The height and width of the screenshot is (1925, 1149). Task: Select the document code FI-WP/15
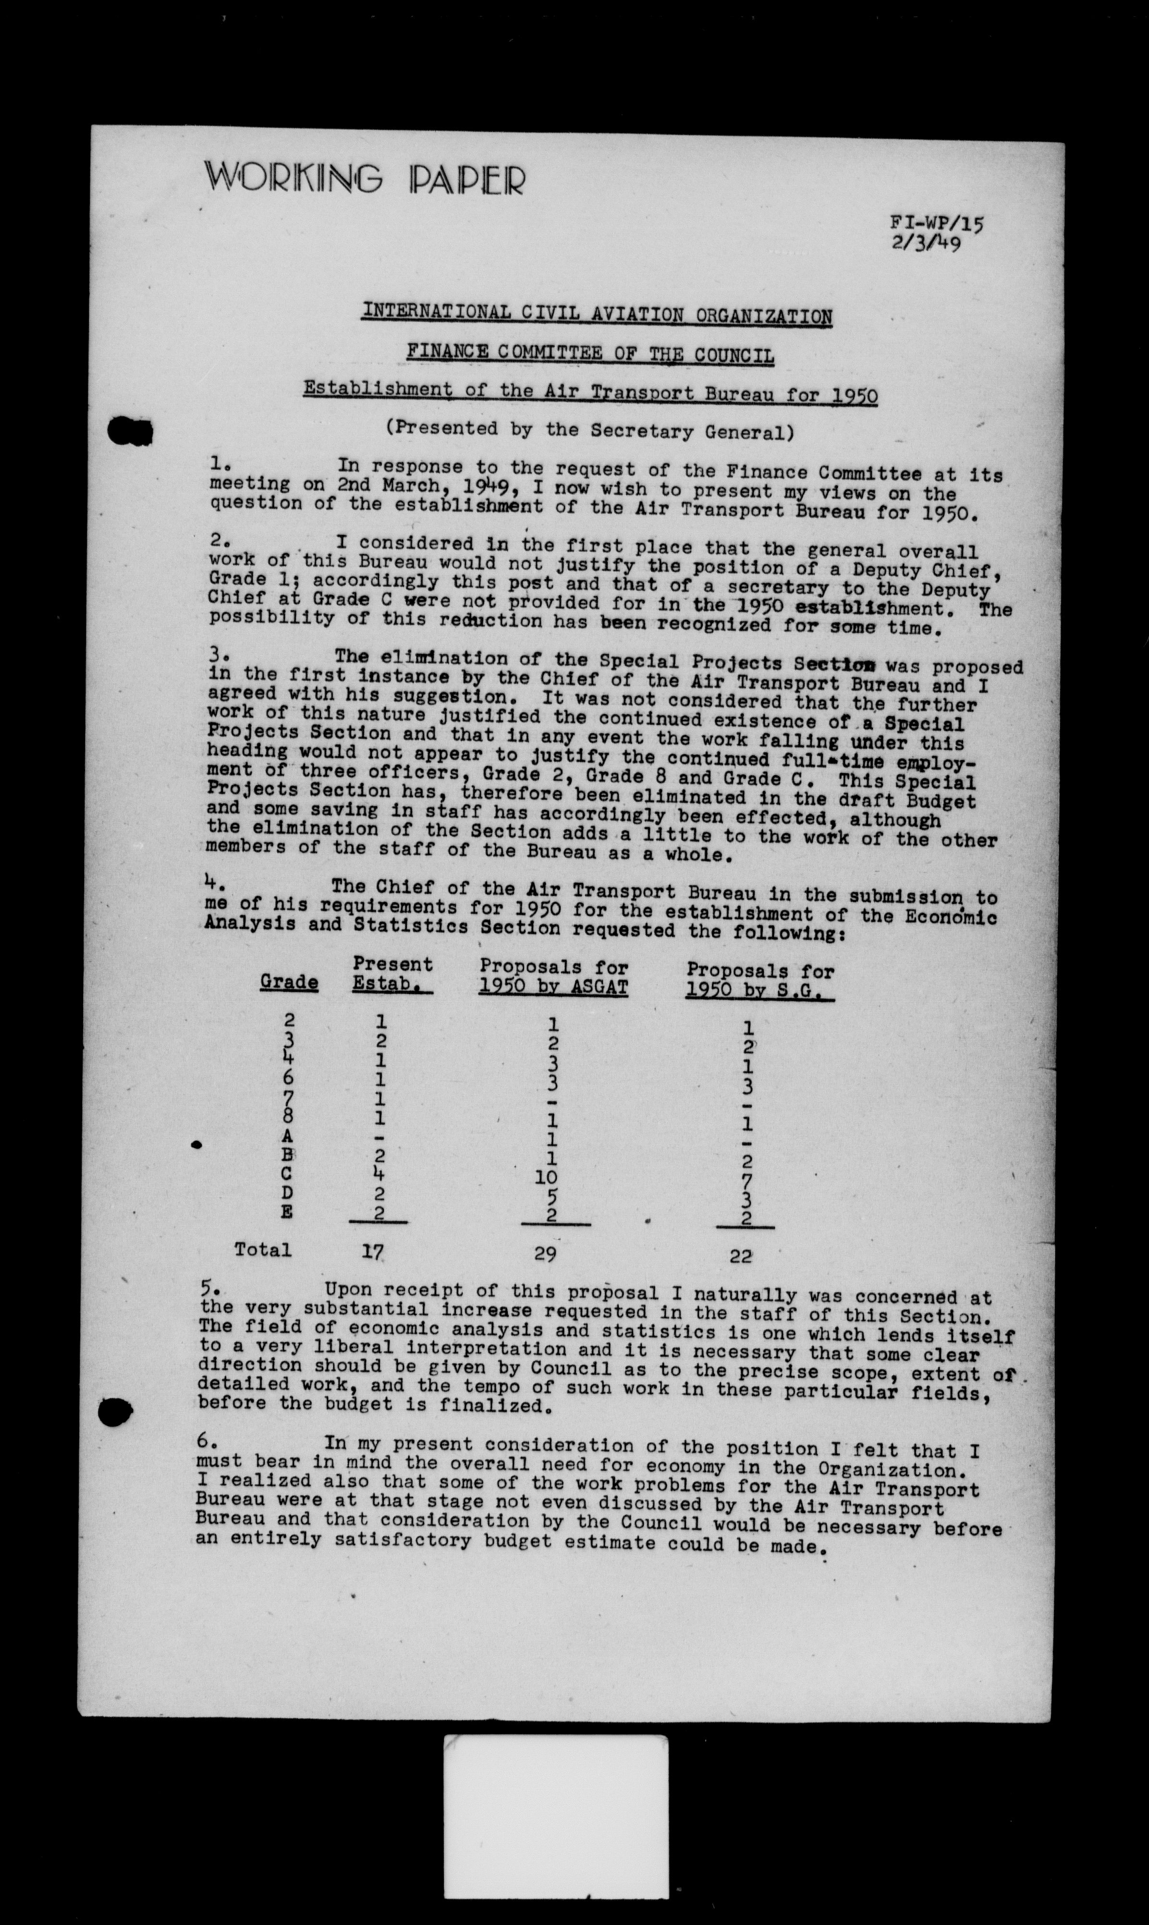coord(938,224)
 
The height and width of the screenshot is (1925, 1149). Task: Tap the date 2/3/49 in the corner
coord(926,245)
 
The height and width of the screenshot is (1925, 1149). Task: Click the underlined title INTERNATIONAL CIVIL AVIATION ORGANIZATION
coord(597,314)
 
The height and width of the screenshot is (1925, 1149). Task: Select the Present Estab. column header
coord(392,974)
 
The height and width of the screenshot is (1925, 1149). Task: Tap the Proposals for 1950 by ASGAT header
coord(553,977)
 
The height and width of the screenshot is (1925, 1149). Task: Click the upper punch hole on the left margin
coord(132,429)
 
